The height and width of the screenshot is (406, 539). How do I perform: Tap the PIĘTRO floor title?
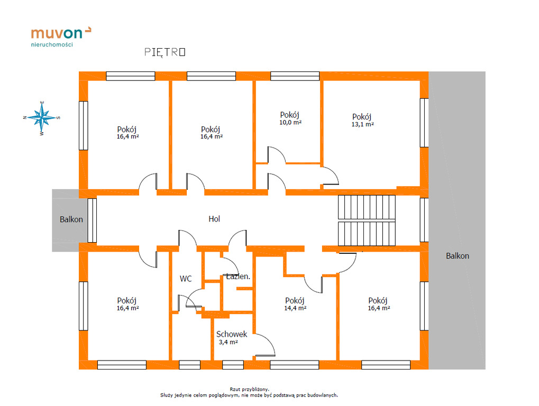point(165,52)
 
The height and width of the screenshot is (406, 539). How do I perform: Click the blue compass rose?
point(42,118)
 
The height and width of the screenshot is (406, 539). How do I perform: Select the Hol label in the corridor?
point(214,219)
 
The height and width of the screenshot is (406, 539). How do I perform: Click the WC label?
point(186,279)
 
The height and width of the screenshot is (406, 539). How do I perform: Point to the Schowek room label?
point(232,334)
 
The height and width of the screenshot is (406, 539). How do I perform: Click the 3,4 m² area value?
point(229,342)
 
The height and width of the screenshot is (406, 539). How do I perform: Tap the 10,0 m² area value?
point(290,122)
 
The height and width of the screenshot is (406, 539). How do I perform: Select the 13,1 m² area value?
point(363,124)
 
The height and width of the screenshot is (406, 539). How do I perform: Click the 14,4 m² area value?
point(295,308)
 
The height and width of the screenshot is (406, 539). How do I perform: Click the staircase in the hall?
point(367,220)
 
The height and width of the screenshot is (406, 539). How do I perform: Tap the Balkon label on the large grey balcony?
point(457,256)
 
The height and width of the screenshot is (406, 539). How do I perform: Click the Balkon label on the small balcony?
point(71,219)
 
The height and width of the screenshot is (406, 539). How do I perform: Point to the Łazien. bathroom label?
point(238,276)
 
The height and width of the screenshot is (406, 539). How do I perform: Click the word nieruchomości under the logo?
point(52,44)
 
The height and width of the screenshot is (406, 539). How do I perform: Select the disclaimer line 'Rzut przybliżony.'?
point(249,389)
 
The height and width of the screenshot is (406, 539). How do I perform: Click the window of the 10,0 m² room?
point(295,76)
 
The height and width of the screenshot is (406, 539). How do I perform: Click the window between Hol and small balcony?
point(92,220)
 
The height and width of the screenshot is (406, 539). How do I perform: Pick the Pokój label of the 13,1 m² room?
point(362,117)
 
